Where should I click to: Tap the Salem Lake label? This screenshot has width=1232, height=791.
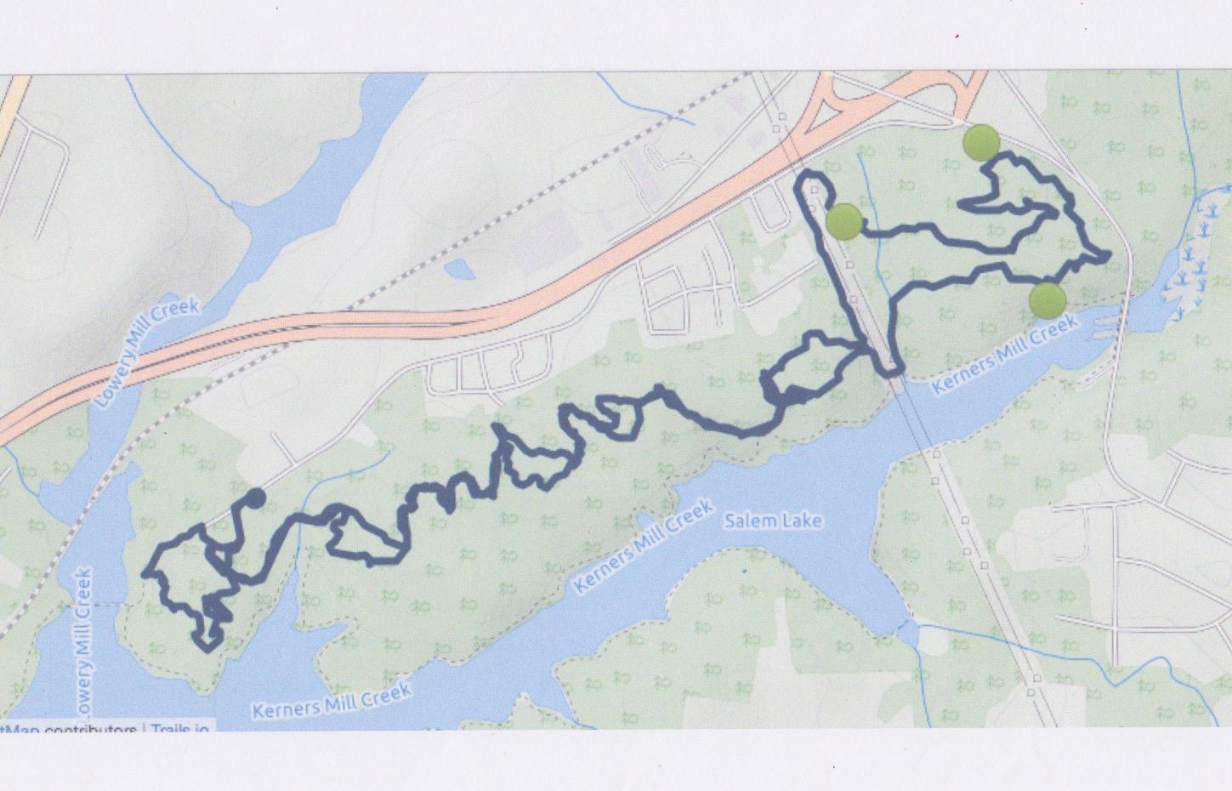(773, 520)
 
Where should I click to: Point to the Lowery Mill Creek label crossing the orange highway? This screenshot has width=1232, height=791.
(149, 353)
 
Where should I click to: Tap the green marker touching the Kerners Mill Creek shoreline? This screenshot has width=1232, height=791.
(1047, 299)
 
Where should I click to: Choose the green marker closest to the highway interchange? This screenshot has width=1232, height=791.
(981, 143)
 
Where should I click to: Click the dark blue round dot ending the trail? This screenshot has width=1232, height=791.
(254, 498)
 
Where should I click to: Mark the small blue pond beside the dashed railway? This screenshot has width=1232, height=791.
(460, 270)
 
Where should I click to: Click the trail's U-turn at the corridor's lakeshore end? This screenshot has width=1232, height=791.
(889, 370)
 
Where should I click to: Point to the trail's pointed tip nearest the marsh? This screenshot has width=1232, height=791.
(1108, 253)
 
